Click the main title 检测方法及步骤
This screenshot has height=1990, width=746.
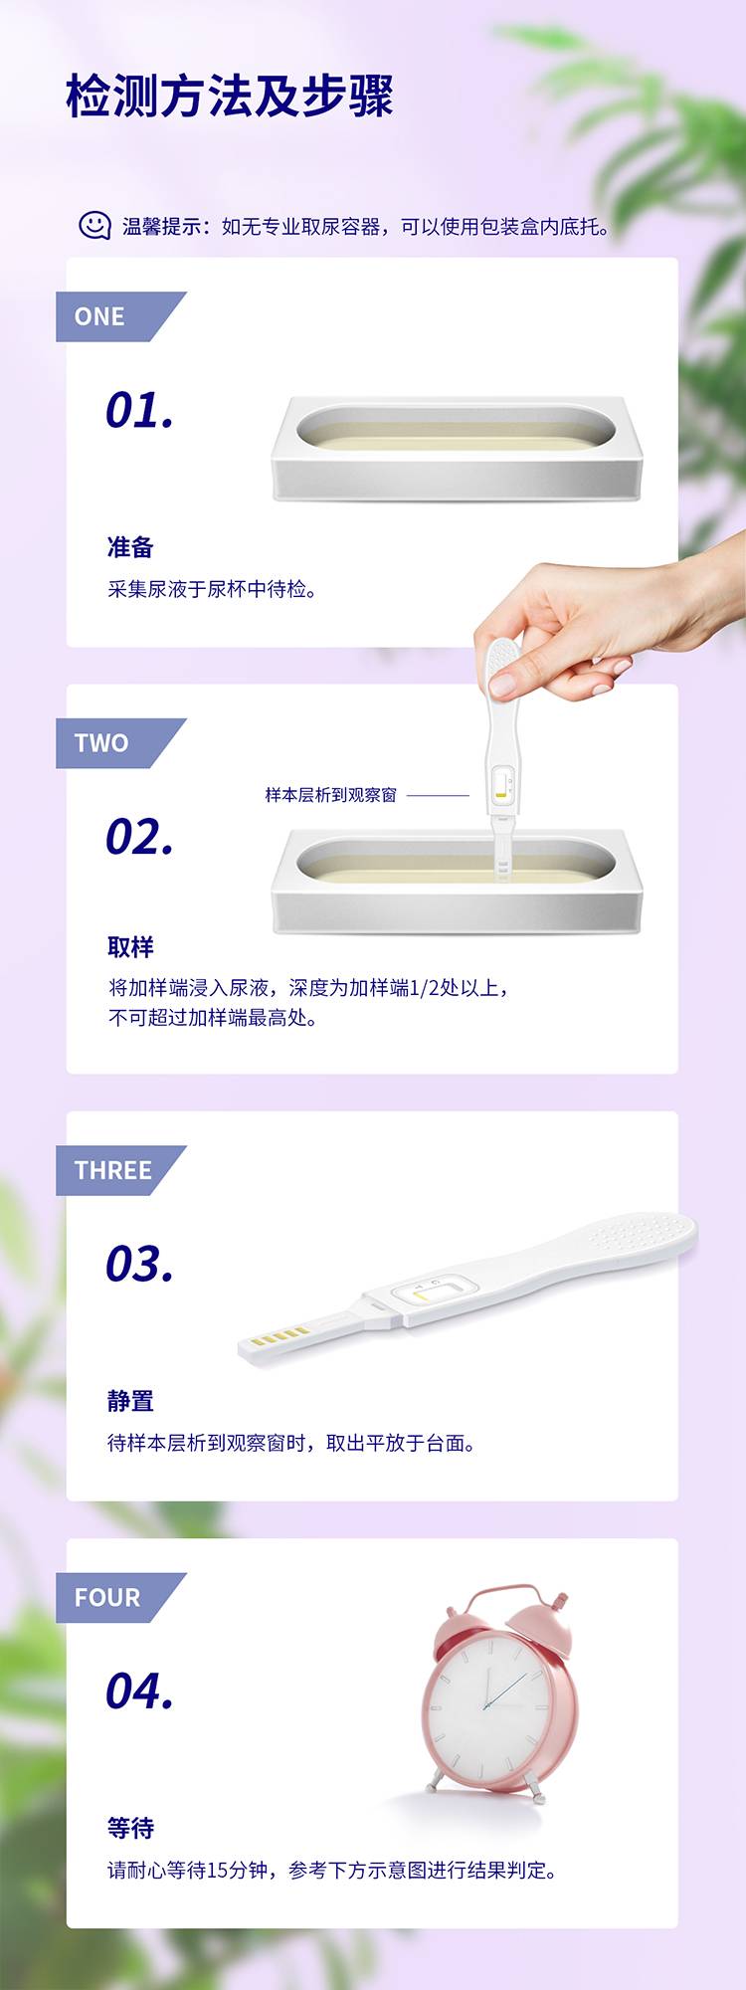(230, 97)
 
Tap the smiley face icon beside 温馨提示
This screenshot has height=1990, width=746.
(94, 226)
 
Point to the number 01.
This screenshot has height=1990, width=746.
(140, 410)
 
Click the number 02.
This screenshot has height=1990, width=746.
(140, 837)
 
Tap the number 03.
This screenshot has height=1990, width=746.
(140, 1264)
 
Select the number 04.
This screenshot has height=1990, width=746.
(140, 1691)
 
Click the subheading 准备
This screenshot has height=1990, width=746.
(130, 547)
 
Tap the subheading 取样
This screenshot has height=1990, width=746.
(130, 946)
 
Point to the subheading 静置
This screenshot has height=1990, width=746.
(130, 1401)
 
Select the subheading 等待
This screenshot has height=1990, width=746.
(130, 1828)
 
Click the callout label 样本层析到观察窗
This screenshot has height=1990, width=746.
(330, 795)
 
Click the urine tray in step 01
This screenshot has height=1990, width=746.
(458, 449)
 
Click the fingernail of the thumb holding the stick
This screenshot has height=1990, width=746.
(502, 686)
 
